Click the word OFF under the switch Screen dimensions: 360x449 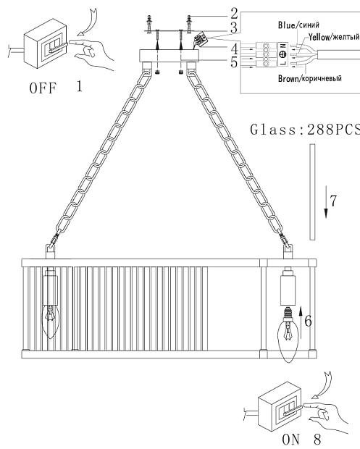(x=43, y=88)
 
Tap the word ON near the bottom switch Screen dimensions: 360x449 (x=291, y=440)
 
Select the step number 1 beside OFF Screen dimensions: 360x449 (x=80, y=86)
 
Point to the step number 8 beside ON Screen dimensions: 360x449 (x=317, y=440)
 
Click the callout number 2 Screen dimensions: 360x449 (x=234, y=14)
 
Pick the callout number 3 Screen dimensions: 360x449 (x=234, y=28)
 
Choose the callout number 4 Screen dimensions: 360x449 (x=234, y=49)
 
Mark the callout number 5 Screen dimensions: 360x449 (x=234, y=62)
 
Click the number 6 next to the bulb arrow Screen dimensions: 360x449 (x=308, y=321)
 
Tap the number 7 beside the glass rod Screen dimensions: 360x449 (x=333, y=201)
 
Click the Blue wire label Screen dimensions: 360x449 (x=298, y=25)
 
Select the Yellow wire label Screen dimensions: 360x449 (x=334, y=37)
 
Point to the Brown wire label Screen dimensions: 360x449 (x=310, y=78)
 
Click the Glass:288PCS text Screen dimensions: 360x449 (x=305, y=130)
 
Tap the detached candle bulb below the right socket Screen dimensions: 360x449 (x=288, y=335)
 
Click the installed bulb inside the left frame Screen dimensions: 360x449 (x=51, y=322)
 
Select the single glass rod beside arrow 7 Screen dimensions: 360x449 (x=312, y=192)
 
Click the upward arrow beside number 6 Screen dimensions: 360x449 (x=301, y=322)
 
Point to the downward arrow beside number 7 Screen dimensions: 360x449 (x=326, y=202)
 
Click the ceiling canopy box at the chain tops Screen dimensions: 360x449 (x=169, y=55)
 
